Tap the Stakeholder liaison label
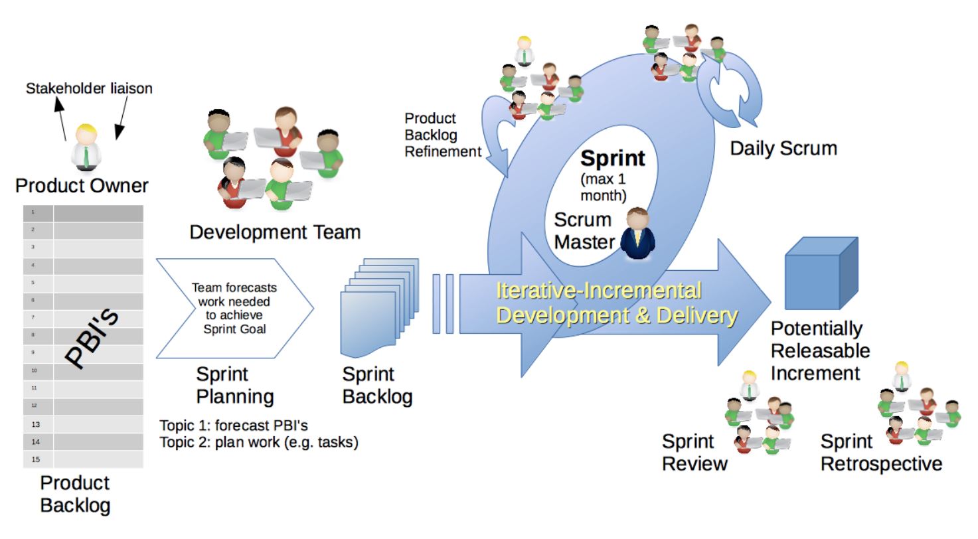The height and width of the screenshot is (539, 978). tap(89, 88)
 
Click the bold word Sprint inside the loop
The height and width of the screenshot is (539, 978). tap(612, 159)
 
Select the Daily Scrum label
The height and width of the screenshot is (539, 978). tap(783, 148)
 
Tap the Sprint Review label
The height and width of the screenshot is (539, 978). tap(694, 452)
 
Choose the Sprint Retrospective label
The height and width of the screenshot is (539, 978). tap(881, 452)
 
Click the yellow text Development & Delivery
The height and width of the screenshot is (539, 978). tap(617, 316)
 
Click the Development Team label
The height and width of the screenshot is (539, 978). tap(275, 232)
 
